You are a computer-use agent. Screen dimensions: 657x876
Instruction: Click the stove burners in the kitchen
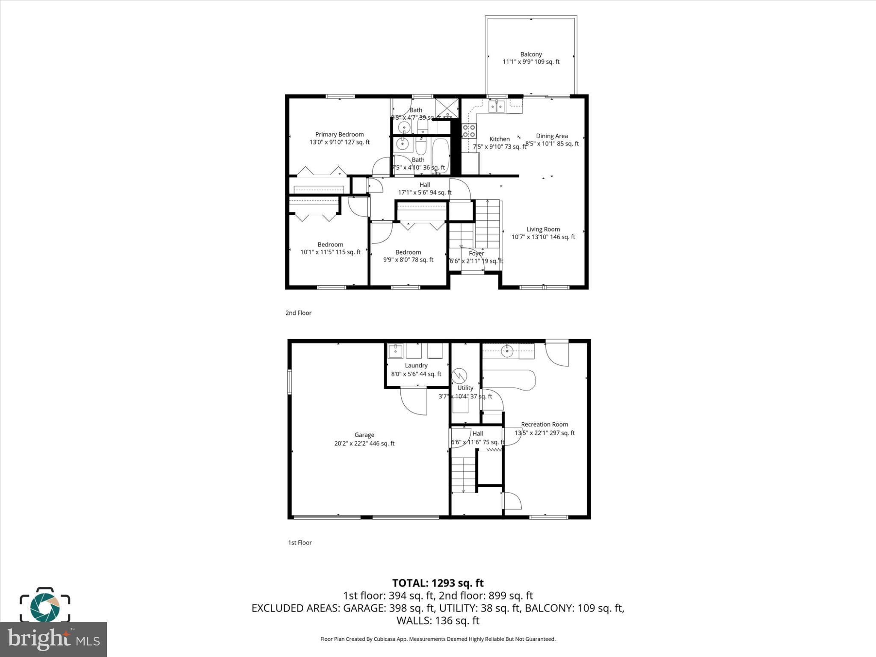pos(469,130)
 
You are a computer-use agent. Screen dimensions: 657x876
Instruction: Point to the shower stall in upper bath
pos(447,108)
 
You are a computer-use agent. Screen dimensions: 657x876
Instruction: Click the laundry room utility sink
pos(395,351)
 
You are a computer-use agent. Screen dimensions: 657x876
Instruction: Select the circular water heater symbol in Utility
pos(460,376)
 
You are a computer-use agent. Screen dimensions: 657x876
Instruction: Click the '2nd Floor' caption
pos(299,313)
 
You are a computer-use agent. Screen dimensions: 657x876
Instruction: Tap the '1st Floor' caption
pos(300,543)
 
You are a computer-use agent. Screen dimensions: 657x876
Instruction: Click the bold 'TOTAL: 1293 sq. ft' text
pos(438,583)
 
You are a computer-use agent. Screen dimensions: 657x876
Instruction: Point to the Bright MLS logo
pos(53,639)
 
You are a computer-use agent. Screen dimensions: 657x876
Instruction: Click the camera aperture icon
pos(45,606)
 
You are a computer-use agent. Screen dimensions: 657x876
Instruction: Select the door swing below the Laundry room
pos(414,400)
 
